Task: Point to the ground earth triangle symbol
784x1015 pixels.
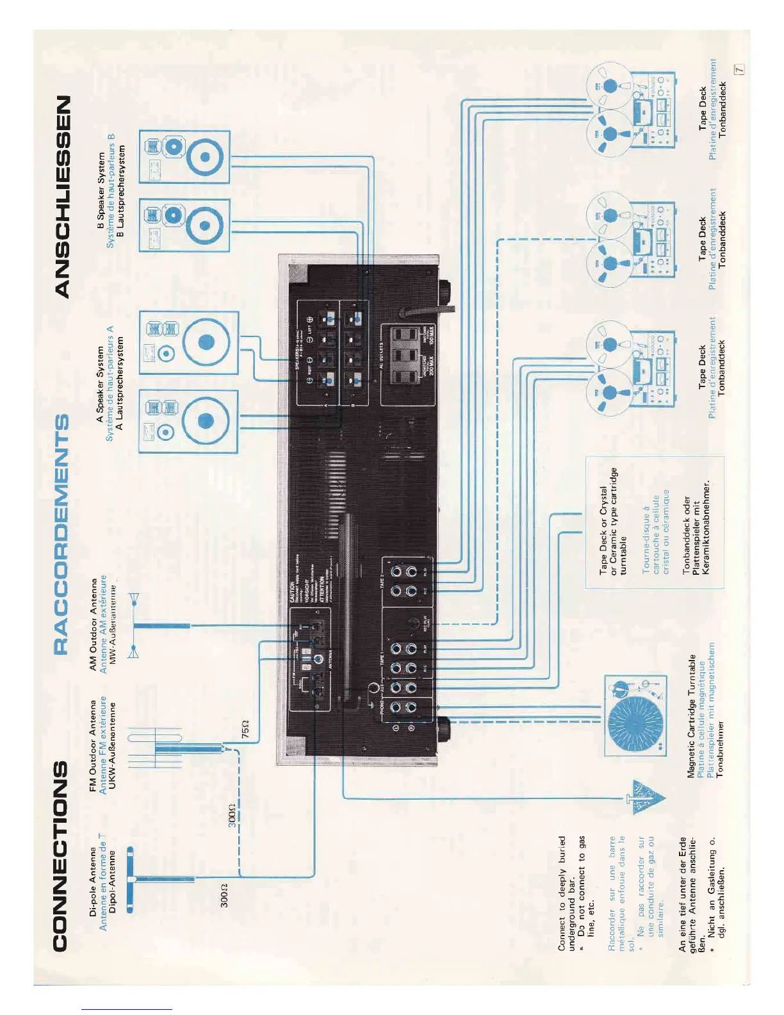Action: [x=647, y=798]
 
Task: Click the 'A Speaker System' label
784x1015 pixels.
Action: [x=100, y=384]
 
